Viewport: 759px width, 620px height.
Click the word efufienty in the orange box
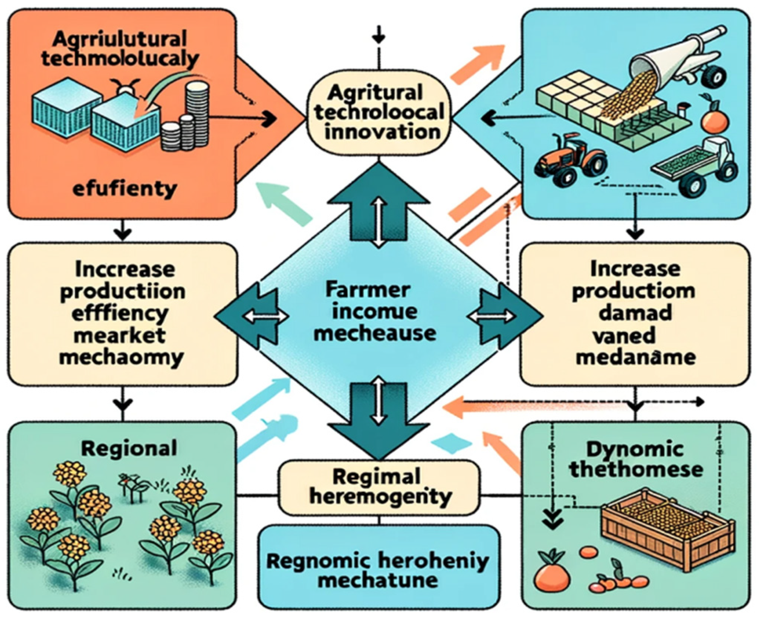click(x=124, y=189)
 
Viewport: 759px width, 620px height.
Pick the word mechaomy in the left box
click(x=121, y=358)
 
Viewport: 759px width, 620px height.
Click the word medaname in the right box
click(x=636, y=357)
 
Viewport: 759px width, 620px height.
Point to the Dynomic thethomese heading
click(x=636, y=460)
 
